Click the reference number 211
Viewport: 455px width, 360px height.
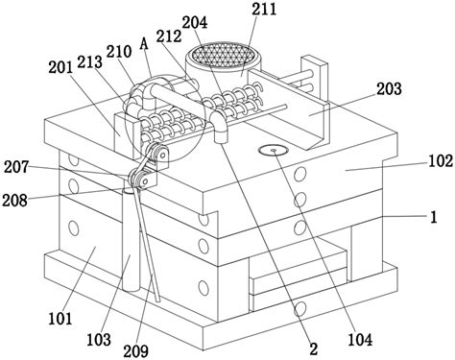[264, 9]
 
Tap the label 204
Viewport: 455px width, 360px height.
[195, 22]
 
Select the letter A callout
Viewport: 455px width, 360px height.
[144, 44]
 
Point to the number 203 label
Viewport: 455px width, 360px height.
[389, 89]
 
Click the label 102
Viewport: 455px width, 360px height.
[441, 160]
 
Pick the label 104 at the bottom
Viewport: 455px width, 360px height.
[360, 340]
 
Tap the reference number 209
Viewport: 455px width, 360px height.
[136, 351]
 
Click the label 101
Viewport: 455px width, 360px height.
[60, 319]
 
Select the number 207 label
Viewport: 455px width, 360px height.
[16, 167]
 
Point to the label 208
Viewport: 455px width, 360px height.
[14, 201]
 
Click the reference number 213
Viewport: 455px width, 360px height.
[89, 62]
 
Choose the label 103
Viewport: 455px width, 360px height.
[99, 340]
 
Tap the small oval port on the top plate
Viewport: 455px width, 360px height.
[274, 150]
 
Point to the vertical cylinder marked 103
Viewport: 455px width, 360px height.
[132, 239]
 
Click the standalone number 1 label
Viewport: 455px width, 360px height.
[434, 217]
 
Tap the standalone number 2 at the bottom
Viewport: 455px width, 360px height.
[314, 348]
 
